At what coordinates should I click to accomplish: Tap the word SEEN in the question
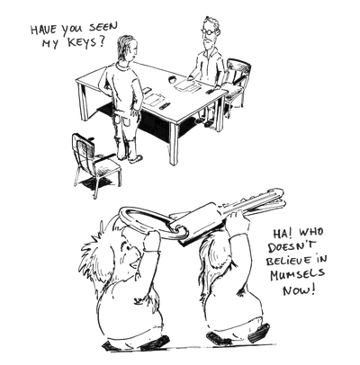[x=103, y=28]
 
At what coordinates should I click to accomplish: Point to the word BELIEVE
[x=295, y=260]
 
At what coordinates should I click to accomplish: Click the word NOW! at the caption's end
[x=299, y=289]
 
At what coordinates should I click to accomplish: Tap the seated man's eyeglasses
[x=208, y=31]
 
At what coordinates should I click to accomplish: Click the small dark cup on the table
[x=173, y=80]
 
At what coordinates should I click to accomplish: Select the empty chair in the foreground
[x=95, y=165]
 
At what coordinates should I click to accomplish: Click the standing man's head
[x=127, y=48]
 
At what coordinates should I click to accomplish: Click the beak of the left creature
[x=134, y=263]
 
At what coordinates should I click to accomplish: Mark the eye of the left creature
[x=129, y=248]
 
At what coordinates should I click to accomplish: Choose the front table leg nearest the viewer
[x=174, y=144]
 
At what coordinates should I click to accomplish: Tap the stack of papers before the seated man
[x=188, y=85]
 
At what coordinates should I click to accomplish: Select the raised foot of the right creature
[x=258, y=331]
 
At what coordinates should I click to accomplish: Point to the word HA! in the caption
[x=281, y=234]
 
